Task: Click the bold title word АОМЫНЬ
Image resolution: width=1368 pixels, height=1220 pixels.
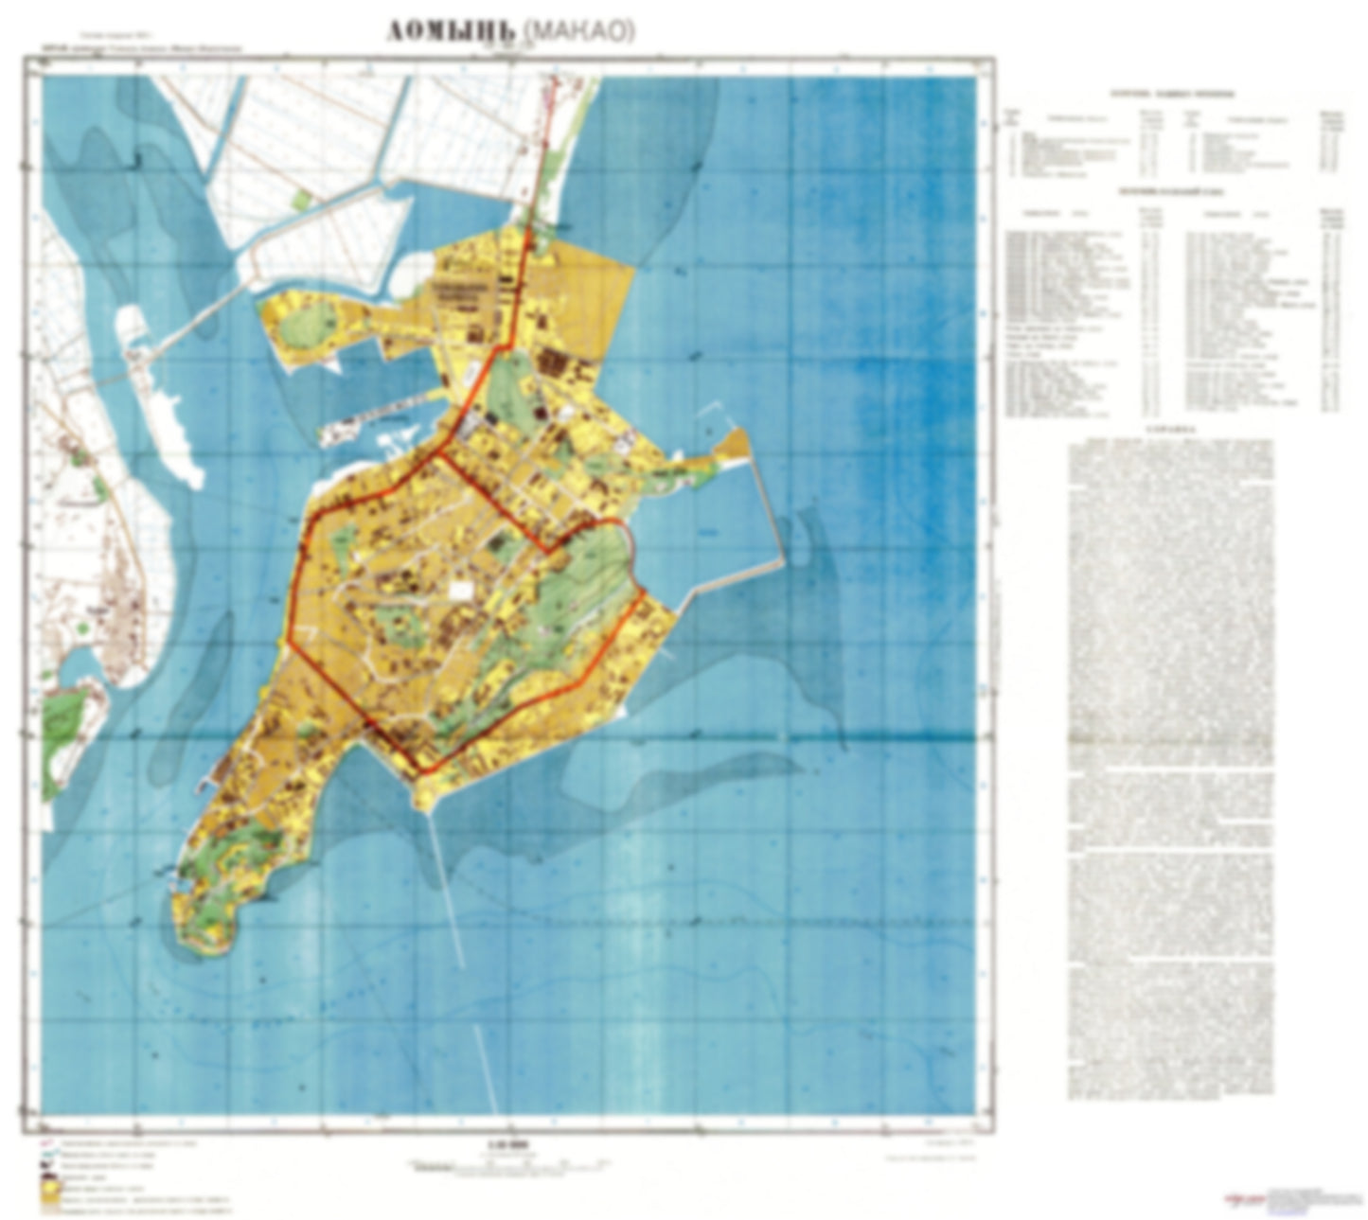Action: [x=451, y=31]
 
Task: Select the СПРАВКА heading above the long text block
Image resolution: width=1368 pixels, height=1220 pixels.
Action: [x=1169, y=428]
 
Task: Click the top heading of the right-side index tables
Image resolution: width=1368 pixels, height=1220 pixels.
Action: [x=1171, y=94]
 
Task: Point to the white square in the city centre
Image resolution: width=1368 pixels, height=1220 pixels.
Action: [x=461, y=590]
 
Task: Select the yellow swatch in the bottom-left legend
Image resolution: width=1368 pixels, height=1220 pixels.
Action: [x=48, y=1196]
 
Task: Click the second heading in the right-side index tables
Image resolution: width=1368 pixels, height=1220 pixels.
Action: [x=1171, y=192]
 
